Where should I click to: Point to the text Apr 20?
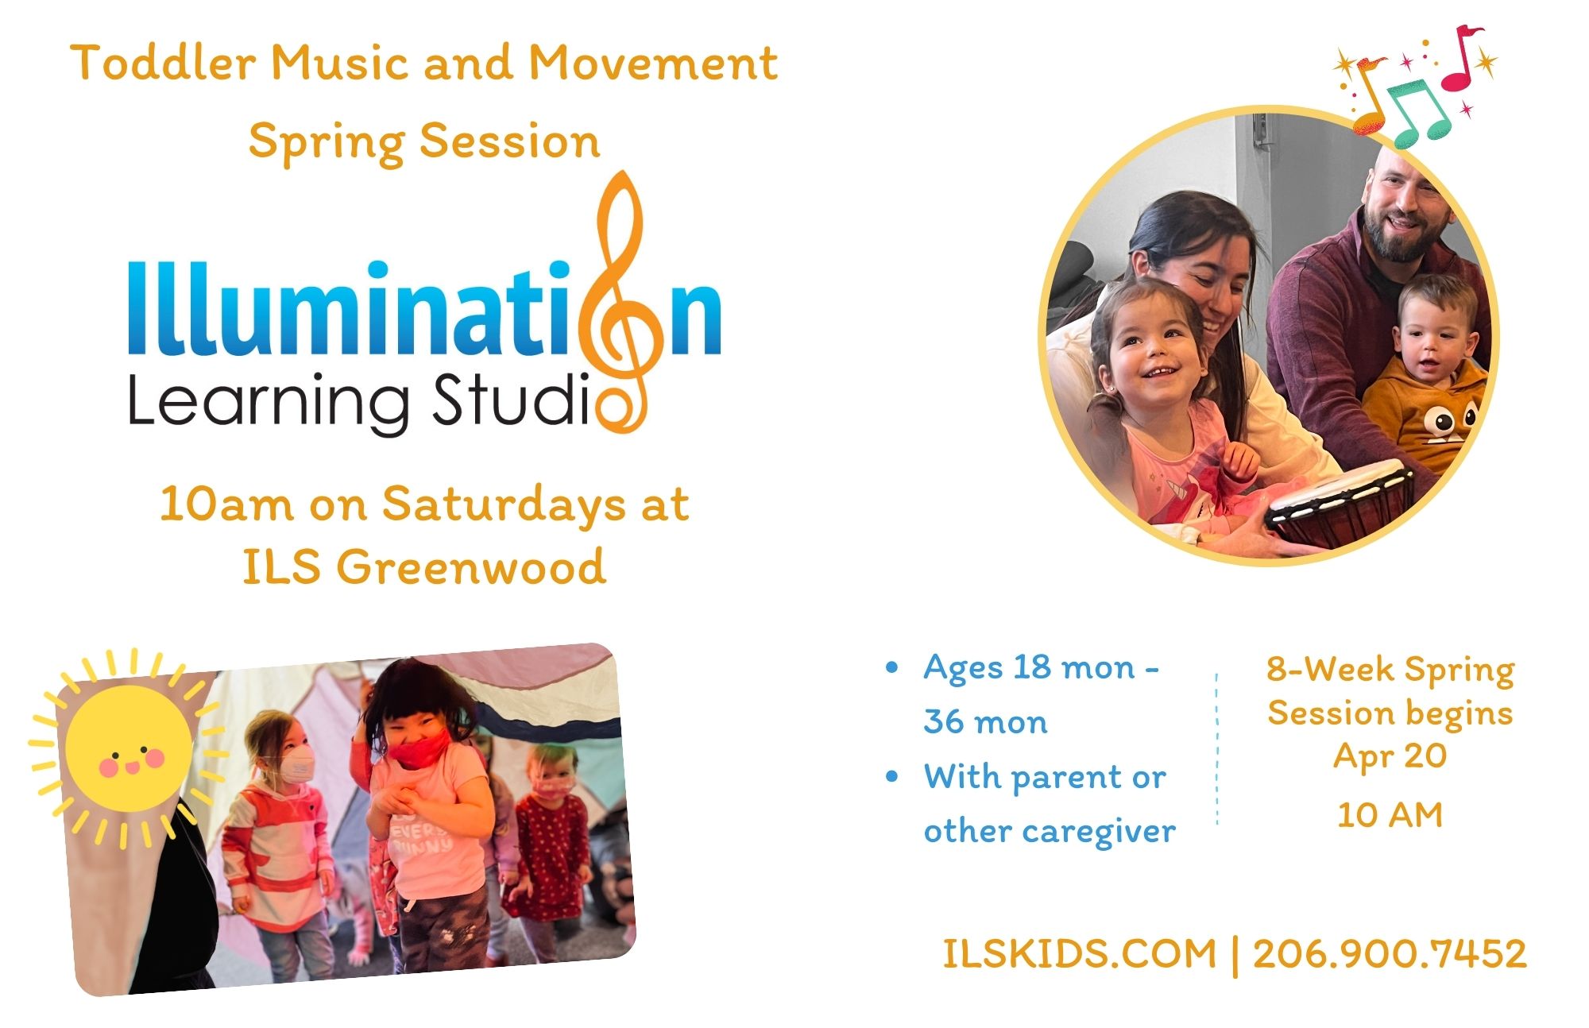(1390, 756)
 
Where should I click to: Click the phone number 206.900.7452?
(1390, 953)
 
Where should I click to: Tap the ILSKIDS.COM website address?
(1080, 953)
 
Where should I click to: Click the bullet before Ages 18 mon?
(892, 667)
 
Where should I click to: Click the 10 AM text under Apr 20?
(1390, 815)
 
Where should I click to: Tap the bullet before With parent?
(892, 776)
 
